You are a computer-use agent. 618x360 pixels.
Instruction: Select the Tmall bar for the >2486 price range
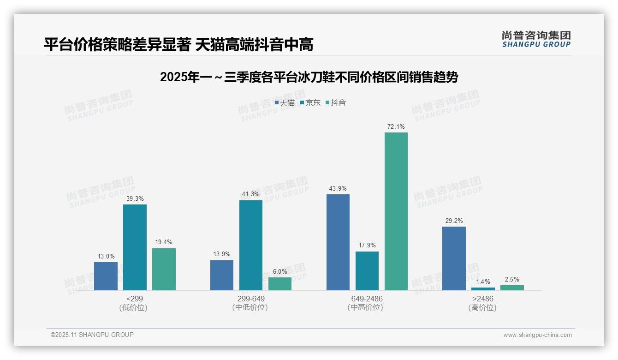coord(454,258)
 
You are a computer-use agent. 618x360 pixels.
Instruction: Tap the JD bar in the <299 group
coord(135,247)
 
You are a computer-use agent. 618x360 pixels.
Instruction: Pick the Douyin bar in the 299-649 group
coord(280,284)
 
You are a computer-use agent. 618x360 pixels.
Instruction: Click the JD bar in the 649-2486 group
coord(367,271)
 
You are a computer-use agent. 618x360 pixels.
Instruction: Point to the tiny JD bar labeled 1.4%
coord(483,289)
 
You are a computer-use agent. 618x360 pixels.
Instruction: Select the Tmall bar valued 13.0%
coord(106,276)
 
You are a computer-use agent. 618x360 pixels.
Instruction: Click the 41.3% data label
coord(250,194)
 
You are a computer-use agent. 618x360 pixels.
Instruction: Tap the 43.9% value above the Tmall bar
coord(338,188)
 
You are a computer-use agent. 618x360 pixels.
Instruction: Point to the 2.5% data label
coord(512,279)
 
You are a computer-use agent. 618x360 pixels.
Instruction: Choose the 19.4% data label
coord(164,242)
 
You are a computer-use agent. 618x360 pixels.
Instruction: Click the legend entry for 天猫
coord(285,103)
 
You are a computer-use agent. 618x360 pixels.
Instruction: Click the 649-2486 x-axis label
coord(367,299)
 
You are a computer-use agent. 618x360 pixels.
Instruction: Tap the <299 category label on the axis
coord(134,299)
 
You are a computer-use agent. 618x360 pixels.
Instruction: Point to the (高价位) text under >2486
coord(482,307)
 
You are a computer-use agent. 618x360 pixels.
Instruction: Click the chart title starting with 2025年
coord(309,77)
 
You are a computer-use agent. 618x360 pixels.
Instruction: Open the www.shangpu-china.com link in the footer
coord(537,335)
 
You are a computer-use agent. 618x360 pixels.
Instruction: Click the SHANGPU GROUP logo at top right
coord(536,39)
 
